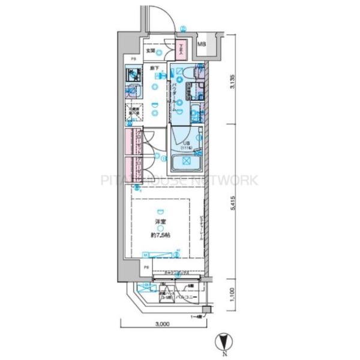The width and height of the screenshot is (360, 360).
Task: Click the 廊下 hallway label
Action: click(154, 68)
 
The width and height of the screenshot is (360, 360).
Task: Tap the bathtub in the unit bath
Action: click(186, 162)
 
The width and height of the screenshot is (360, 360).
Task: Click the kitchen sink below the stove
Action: click(132, 92)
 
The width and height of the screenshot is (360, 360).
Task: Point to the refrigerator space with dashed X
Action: click(133, 113)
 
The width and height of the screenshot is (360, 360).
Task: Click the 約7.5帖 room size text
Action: click(160, 236)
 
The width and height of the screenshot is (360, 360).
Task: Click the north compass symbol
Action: click(223, 342)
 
